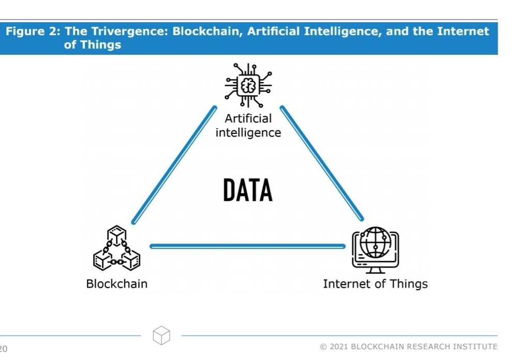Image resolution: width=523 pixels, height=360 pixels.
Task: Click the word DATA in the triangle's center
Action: coord(248,190)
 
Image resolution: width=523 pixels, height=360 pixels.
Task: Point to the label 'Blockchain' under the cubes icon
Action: coord(117,283)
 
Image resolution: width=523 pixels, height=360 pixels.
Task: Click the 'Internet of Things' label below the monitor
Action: coord(375,283)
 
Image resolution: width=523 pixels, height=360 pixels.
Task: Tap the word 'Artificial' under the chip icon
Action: coord(248,119)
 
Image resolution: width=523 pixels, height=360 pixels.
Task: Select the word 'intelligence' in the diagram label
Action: coord(248,133)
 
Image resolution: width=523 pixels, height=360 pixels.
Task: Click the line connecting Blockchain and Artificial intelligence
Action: coord(174,165)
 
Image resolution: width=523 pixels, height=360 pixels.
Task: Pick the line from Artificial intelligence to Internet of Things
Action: coord(322,163)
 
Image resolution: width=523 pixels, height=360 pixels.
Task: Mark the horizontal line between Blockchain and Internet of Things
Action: coord(247,246)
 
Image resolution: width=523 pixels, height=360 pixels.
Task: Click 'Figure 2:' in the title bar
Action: coord(33,32)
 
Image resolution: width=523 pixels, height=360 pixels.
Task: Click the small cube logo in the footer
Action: coord(161,335)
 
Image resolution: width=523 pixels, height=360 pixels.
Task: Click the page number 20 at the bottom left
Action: coord(4,349)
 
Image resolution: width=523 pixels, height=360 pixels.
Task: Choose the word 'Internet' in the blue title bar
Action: coord(462,32)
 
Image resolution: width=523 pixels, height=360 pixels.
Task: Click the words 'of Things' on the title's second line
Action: coord(92,45)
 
